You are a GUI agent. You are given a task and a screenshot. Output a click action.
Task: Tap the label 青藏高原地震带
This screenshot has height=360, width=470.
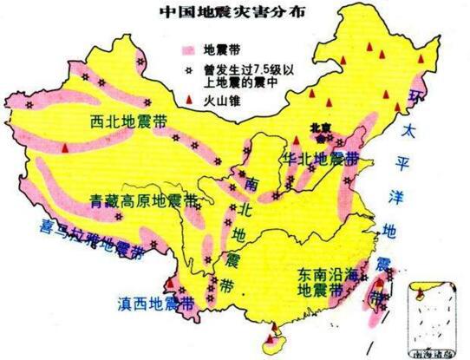coord(143,201)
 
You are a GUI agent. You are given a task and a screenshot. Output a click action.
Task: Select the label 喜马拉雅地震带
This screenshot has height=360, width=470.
coord(73,249)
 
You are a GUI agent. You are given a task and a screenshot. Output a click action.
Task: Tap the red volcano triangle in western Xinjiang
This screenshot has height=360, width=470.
coord(64,149)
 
